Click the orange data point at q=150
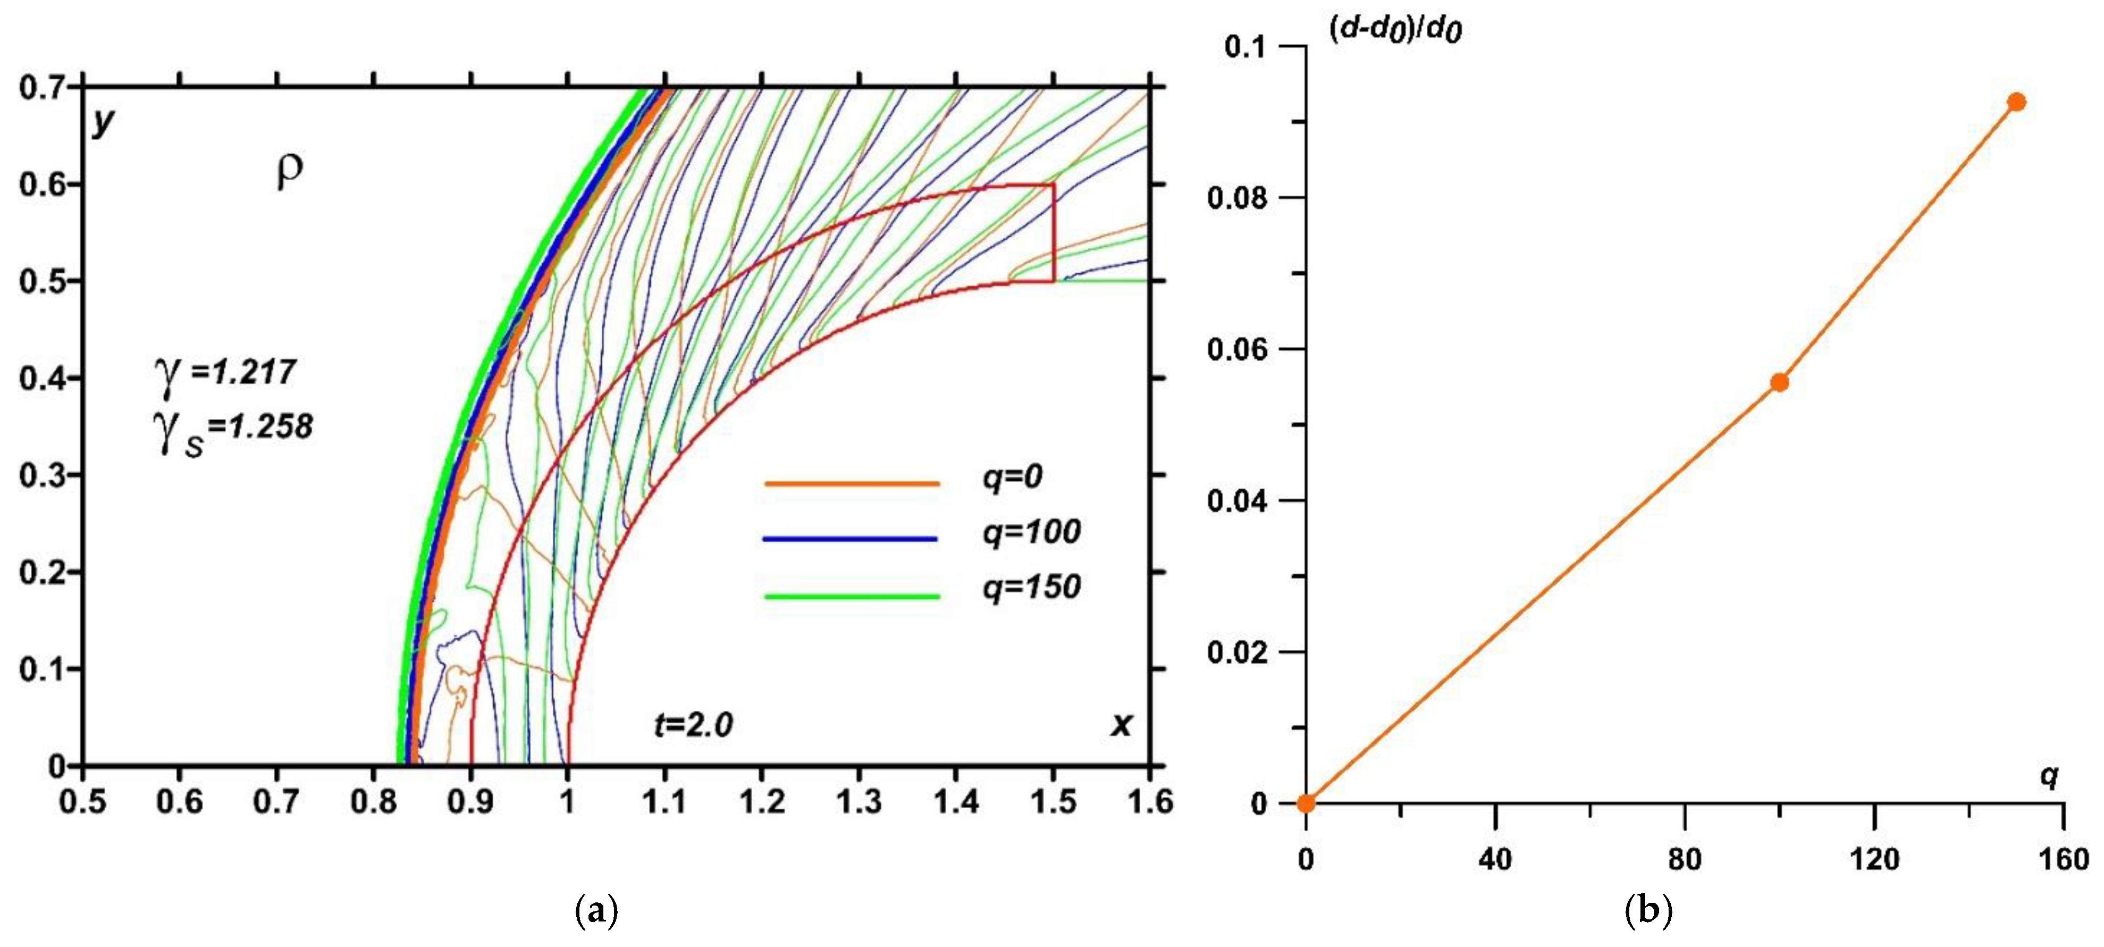pyautogui.click(x=2016, y=102)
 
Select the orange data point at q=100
pyautogui.click(x=1779, y=382)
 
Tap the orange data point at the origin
pyautogui.click(x=1306, y=803)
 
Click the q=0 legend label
pyautogui.click(x=1012, y=476)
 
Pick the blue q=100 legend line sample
pyautogui.click(x=849, y=539)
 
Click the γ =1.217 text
pyautogui.click(x=225, y=373)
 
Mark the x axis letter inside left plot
pyautogui.click(x=1122, y=724)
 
